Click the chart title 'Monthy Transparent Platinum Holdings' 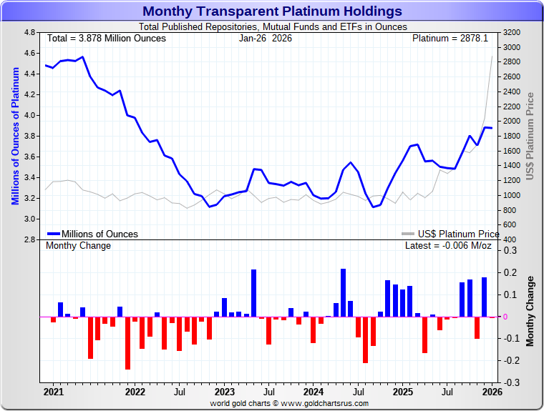(x=272, y=11)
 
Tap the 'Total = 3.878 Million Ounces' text (x=106, y=38)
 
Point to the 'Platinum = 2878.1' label (x=450, y=38)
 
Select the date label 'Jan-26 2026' (x=265, y=38)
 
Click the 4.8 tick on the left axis (x=29, y=33)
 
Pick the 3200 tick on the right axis (x=512, y=33)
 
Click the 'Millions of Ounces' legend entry (x=99, y=234)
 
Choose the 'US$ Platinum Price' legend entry (x=459, y=234)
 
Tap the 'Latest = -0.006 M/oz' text (x=448, y=246)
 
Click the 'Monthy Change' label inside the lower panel (x=78, y=246)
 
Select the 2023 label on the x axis (x=224, y=392)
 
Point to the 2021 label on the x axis (x=53, y=392)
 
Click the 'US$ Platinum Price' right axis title (x=530, y=136)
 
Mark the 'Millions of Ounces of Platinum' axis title (x=15, y=136)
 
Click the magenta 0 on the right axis (x=505, y=317)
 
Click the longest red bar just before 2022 (x=127, y=342)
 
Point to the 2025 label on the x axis (x=402, y=392)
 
